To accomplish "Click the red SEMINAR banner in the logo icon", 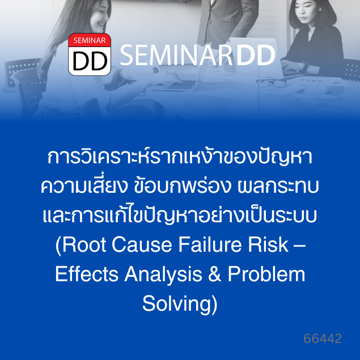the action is click(90, 40).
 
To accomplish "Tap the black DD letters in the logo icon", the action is click(90, 61).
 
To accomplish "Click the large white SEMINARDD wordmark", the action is click(197, 56).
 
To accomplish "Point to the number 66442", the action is click(323, 338).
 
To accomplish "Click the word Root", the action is click(84, 245).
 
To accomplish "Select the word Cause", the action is click(142, 245).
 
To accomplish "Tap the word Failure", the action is click(210, 245).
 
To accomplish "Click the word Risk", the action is click(268, 245).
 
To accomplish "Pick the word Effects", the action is click(87, 274).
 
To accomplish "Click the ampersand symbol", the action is click(215, 274).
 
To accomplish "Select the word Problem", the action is click(266, 274).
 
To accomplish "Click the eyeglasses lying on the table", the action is click(271, 83).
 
